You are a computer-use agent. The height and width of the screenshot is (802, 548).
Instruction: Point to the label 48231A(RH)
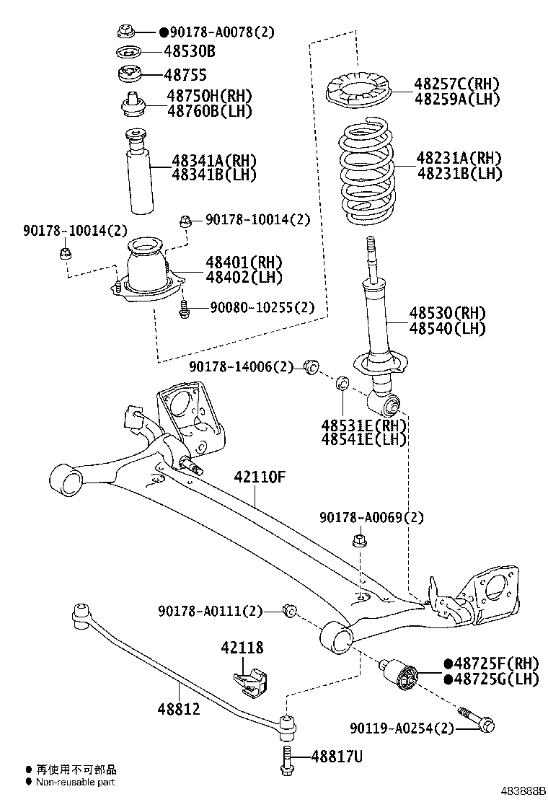[458, 158]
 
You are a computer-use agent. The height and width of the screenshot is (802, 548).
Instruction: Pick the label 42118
[242, 648]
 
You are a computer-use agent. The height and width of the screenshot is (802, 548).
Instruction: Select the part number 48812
[178, 710]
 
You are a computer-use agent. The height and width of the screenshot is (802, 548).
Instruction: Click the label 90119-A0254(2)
[403, 728]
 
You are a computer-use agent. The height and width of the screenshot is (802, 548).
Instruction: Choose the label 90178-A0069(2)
[371, 517]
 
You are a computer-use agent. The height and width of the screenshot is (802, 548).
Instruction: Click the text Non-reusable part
[76, 782]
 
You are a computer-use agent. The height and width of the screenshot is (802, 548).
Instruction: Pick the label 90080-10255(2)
[262, 307]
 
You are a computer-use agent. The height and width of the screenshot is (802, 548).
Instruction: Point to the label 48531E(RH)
[364, 424]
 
